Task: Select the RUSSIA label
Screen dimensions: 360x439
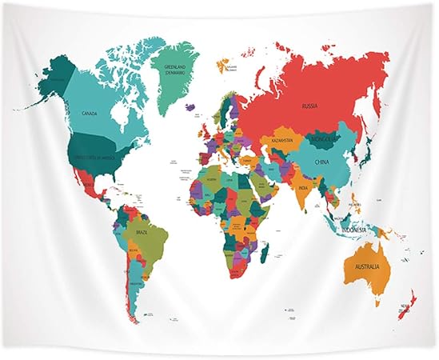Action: point(309,105)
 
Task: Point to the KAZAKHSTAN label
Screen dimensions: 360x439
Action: point(281,140)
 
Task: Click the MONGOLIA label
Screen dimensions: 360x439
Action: point(326,138)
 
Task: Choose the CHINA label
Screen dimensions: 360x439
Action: point(322,162)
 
